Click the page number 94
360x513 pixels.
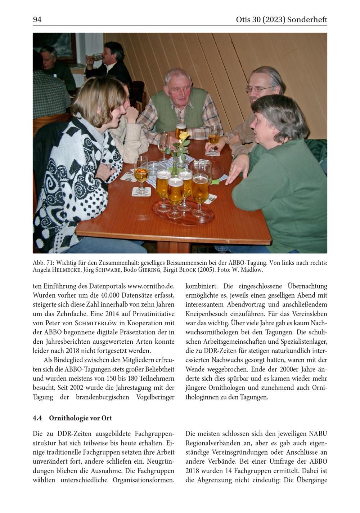[x=37, y=20]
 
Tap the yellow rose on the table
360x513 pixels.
[x=184, y=136]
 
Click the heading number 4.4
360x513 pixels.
[x=37, y=418]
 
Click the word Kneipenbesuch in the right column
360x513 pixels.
[x=207, y=314]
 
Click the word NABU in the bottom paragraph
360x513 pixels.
[x=318, y=433]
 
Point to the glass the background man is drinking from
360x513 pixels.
[x=96, y=57]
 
